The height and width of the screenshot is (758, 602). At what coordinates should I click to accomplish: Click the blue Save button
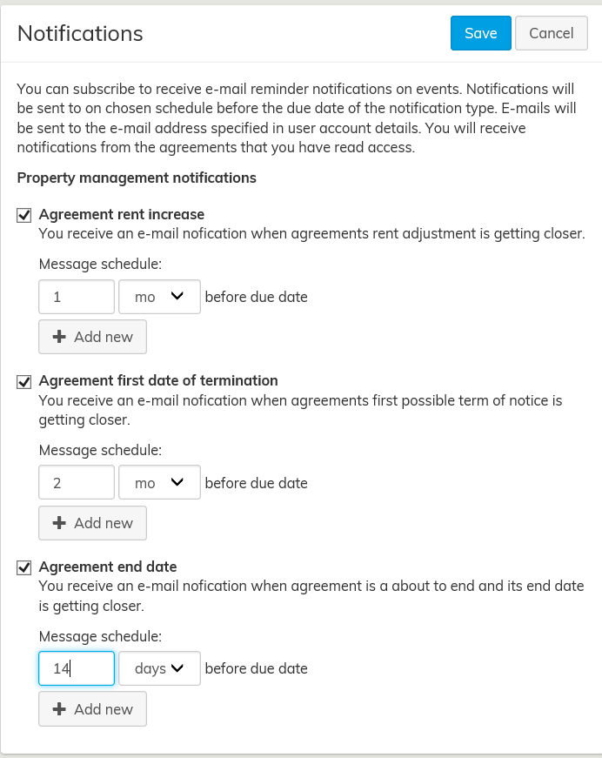pyautogui.click(x=480, y=33)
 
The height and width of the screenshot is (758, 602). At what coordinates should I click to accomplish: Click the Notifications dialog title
pyautogui.click(x=80, y=33)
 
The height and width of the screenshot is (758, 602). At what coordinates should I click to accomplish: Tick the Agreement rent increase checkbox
pyautogui.click(x=24, y=215)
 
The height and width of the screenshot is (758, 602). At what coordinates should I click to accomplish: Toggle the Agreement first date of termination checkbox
pyautogui.click(x=24, y=381)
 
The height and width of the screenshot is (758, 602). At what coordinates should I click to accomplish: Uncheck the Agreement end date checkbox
pyautogui.click(x=24, y=567)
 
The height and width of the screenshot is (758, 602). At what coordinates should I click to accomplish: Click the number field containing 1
pyautogui.click(x=77, y=297)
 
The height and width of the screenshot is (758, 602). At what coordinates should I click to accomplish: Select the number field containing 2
pyautogui.click(x=77, y=483)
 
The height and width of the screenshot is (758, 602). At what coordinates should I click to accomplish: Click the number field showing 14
pyautogui.click(x=77, y=669)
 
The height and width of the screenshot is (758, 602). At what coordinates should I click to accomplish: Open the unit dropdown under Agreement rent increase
pyautogui.click(x=159, y=297)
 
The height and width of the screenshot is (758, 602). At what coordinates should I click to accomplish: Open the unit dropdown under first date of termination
pyautogui.click(x=159, y=483)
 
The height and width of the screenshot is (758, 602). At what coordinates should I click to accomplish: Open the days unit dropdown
pyautogui.click(x=159, y=669)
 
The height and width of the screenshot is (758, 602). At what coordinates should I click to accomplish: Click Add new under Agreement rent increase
pyautogui.click(x=92, y=337)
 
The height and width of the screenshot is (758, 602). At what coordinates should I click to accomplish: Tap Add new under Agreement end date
pyautogui.click(x=92, y=709)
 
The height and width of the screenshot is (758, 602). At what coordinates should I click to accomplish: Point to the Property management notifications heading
pyautogui.click(x=137, y=178)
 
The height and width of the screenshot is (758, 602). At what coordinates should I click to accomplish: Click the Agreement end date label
pyautogui.click(x=108, y=567)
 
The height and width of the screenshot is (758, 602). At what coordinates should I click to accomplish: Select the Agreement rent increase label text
pyautogui.click(x=122, y=214)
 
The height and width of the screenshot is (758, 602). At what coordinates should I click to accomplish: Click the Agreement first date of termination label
pyautogui.click(x=158, y=380)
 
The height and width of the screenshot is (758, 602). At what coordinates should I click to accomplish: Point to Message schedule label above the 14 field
pyautogui.click(x=101, y=636)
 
